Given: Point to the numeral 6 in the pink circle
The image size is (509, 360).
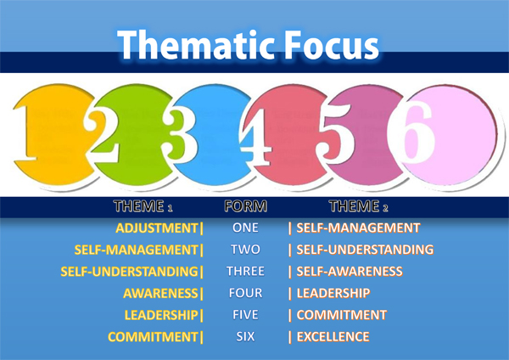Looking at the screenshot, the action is click(x=416, y=132).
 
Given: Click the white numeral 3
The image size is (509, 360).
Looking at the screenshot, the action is click(x=179, y=134).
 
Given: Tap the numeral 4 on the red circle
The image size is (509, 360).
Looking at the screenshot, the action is click(x=256, y=137).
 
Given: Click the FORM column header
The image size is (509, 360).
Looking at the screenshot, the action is click(x=246, y=206).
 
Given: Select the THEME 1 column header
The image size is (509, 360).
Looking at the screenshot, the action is click(x=143, y=206).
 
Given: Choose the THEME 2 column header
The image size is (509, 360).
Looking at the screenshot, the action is click(x=358, y=206).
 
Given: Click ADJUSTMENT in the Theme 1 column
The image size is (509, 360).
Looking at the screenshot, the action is click(x=157, y=228).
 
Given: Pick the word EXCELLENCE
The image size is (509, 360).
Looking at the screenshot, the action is click(x=333, y=337).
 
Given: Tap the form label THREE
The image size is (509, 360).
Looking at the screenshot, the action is click(x=245, y=272).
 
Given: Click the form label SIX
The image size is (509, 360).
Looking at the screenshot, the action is click(x=245, y=336).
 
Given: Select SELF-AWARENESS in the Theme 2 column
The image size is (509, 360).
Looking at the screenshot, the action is click(x=350, y=272).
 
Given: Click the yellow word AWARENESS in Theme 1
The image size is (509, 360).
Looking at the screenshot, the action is click(x=160, y=294).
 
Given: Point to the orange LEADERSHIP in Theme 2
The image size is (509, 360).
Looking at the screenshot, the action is click(x=333, y=294).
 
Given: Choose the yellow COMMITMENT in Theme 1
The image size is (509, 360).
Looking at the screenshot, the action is click(x=153, y=337).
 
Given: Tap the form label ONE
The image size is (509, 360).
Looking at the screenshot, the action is click(x=245, y=228).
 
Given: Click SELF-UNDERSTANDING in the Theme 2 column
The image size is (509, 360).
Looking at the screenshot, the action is click(x=365, y=250).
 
